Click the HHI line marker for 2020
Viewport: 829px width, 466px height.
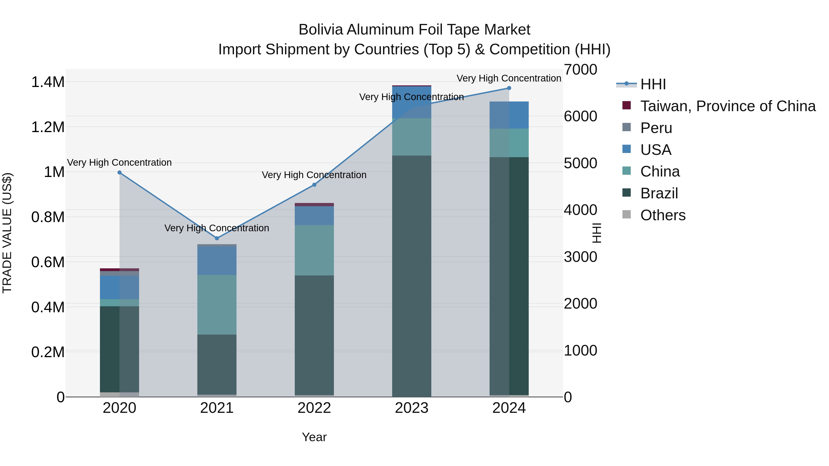[x=119, y=173]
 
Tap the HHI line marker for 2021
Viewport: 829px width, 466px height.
[x=217, y=238]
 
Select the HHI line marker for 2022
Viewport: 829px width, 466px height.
[x=314, y=185]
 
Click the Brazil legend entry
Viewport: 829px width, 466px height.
[x=659, y=194]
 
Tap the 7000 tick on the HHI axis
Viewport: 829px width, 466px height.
[x=581, y=70]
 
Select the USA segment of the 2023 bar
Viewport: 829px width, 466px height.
[x=412, y=102]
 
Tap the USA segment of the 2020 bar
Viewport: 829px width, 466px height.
[x=119, y=287]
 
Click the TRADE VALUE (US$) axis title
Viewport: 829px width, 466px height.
[x=7, y=233]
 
